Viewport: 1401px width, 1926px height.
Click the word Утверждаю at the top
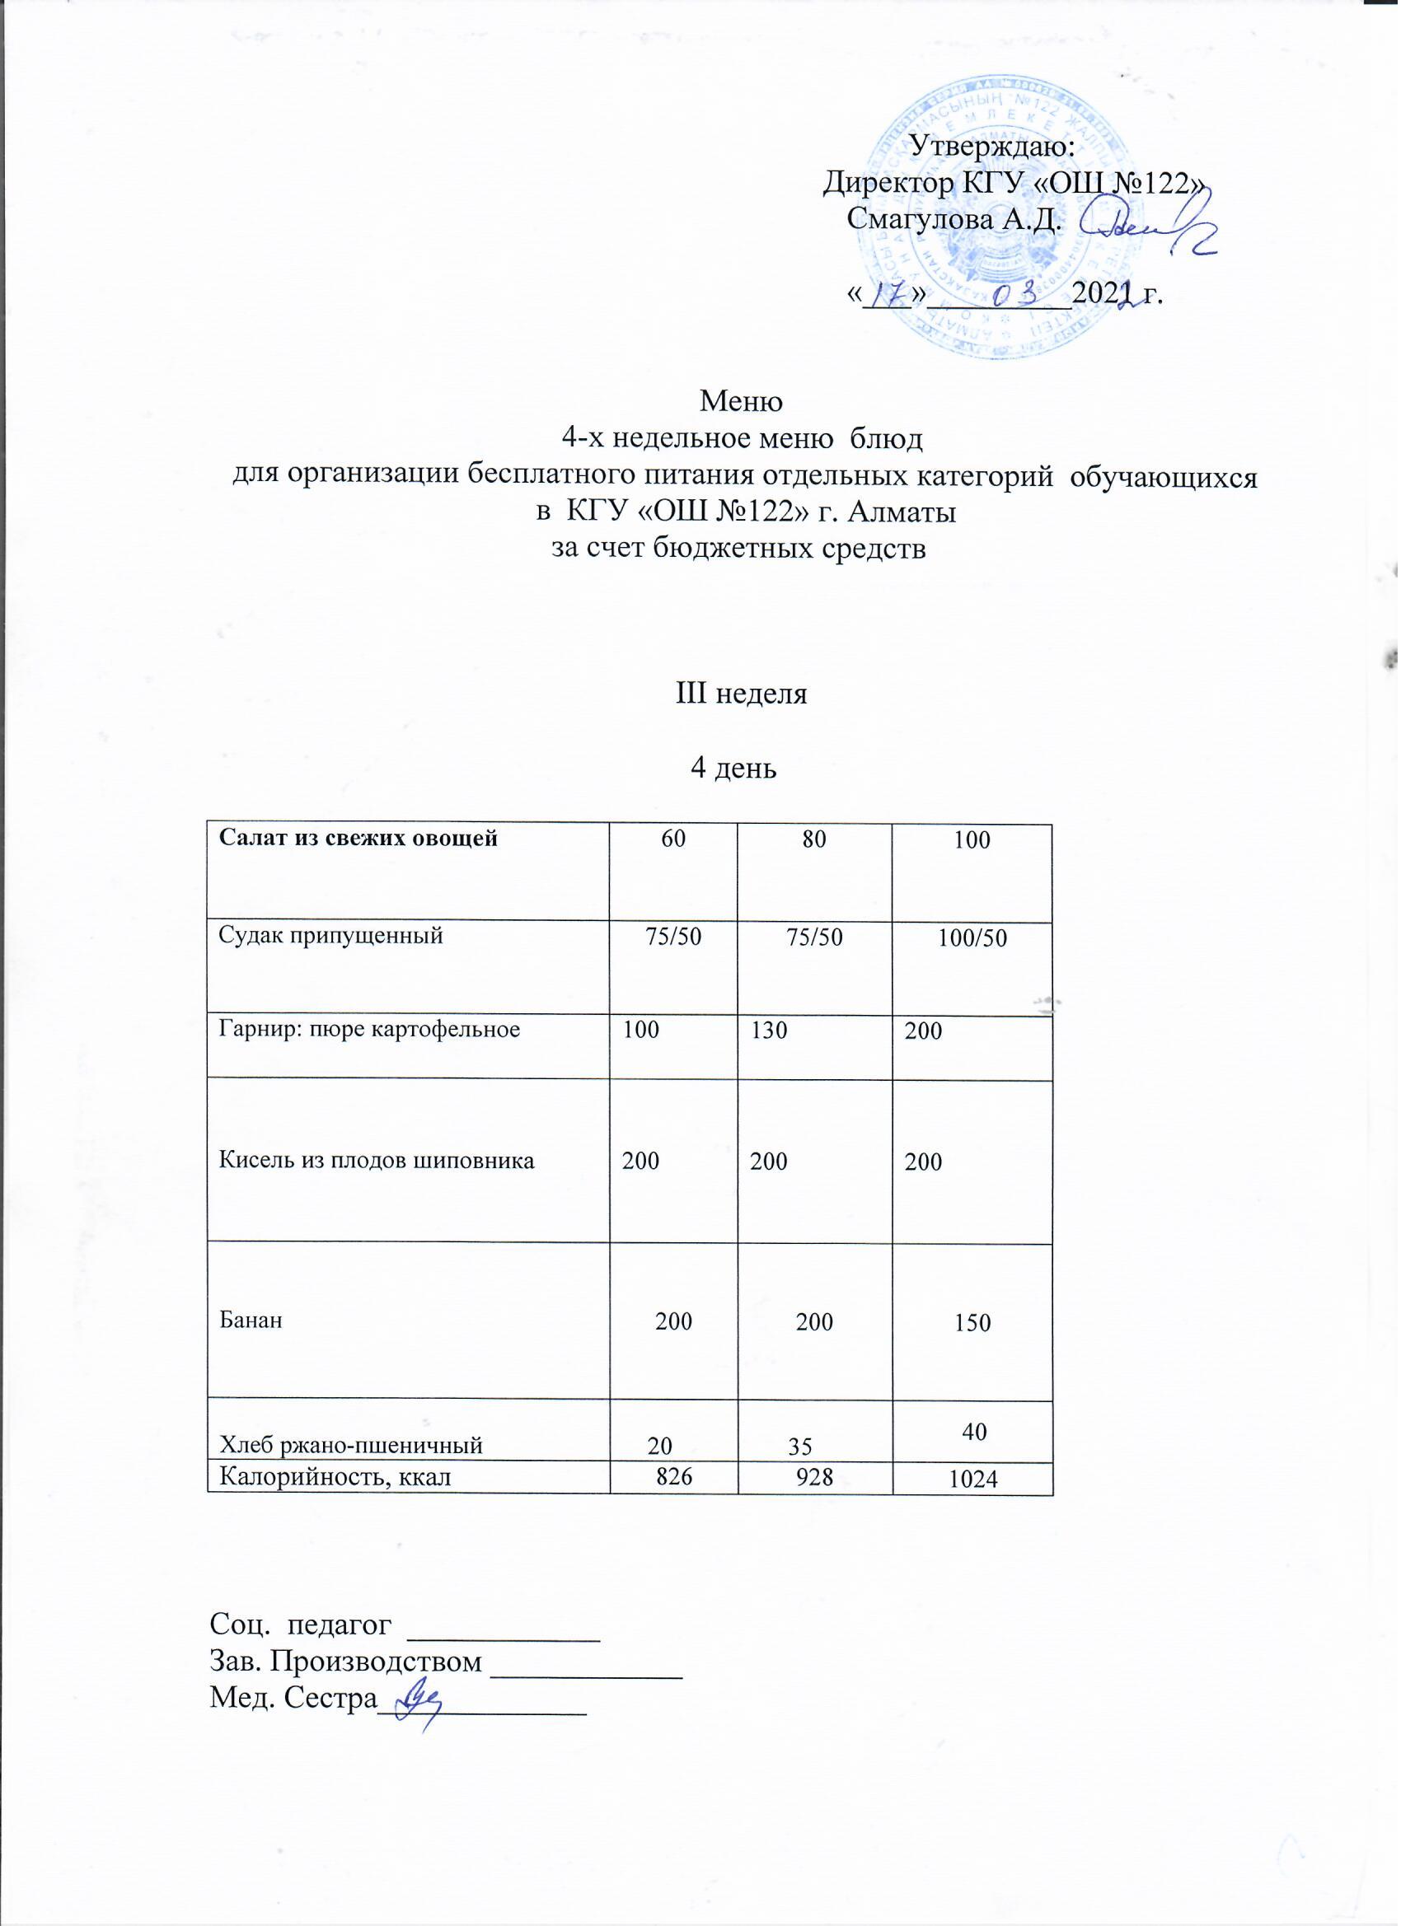tap(993, 144)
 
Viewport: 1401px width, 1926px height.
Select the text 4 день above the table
tap(734, 769)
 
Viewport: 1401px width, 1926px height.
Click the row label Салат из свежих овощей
tap(358, 839)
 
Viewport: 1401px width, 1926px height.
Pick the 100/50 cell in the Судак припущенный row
tap(972, 938)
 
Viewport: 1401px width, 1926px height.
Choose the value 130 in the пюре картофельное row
tap(770, 1031)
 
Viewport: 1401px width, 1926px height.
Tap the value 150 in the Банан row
tap(972, 1323)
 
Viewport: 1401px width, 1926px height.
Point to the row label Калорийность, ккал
tap(335, 1478)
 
